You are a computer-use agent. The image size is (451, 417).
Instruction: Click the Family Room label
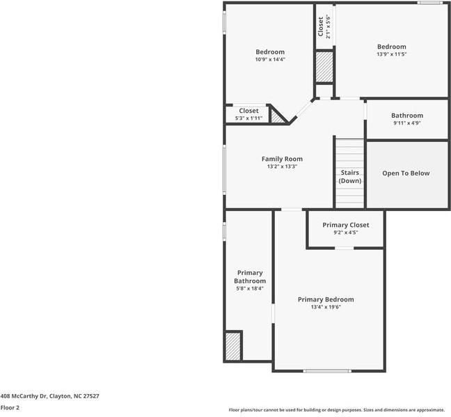282,159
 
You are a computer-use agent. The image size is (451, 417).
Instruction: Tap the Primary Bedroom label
326,299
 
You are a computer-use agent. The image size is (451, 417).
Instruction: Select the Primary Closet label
346,225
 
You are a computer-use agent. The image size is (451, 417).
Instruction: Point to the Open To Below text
406,173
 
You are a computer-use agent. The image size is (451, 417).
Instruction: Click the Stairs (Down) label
350,176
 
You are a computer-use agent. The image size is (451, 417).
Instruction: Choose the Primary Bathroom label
250,276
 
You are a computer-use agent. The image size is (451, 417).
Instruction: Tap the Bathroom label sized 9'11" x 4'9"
407,116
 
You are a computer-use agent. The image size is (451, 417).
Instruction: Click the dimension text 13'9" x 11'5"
392,54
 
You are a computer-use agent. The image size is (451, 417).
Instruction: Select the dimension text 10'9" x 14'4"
270,60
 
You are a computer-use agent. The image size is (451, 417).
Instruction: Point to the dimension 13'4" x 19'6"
326,307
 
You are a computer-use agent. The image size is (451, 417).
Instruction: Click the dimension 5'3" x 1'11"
248,118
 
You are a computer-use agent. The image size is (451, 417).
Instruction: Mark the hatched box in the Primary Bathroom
232,345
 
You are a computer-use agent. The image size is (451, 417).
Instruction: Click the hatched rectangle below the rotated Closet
324,67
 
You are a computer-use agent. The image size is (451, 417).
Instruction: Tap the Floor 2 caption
10,408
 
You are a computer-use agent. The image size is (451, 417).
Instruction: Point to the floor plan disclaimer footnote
337,410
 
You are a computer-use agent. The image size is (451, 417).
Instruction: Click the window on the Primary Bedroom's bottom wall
327,371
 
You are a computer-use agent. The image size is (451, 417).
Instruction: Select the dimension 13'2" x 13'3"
282,166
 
